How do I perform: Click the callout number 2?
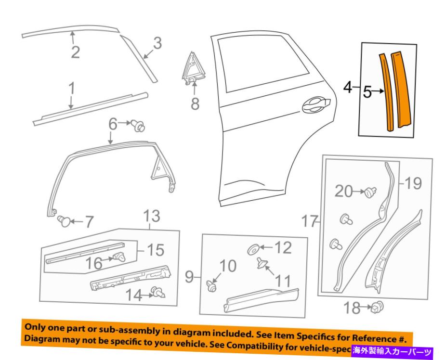click(x=75, y=51)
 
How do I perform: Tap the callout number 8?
click(x=195, y=103)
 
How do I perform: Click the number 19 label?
click(x=413, y=183)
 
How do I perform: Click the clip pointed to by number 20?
click(x=370, y=193)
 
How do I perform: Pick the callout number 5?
click(x=368, y=91)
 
